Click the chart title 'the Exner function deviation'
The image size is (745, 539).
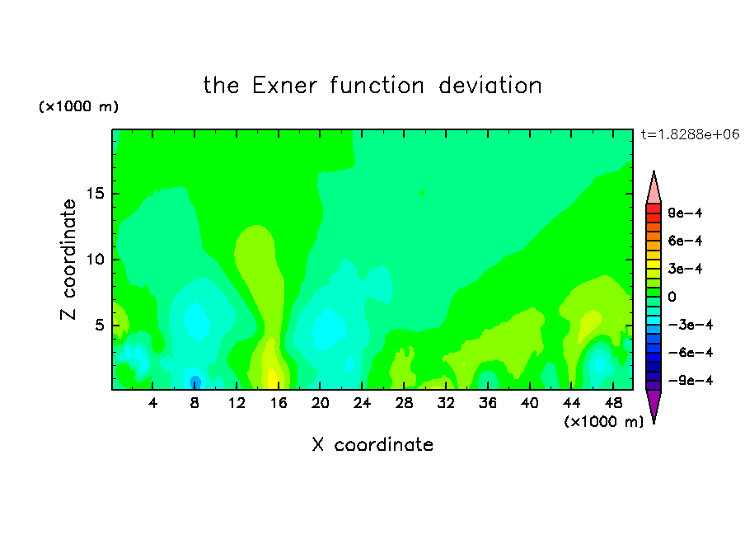pyautogui.click(x=372, y=86)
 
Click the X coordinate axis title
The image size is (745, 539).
pyautogui.click(x=372, y=444)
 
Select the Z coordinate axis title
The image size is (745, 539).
pyautogui.click(x=68, y=260)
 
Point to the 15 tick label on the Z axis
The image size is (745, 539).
pyautogui.click(x=95, y=194)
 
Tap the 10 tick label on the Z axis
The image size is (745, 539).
pyautogui.click(x=95, y=259)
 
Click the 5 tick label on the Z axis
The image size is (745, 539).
pyautogui.click(x=99, y=325)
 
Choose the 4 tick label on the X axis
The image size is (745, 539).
pyautogui.click(x=152, y=403)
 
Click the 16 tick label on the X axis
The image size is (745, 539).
pyautogui.click(x=278, y=403)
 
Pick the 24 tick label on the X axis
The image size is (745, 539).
pyautogui.click(x=362, y=403)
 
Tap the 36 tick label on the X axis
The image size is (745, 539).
pyautogui.click(x=488, y=403)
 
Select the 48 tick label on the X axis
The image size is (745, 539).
pyautogui.click(x=613, y=403)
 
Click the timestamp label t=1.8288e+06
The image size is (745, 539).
pyautogui.click(x=691, y=134)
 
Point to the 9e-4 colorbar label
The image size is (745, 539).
pyautogui.click(x=685, y=213)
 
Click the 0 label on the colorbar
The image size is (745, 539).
pyautogui.click(x=672, y=297)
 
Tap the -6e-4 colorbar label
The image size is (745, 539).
pyautogui.click(x=691, y=352)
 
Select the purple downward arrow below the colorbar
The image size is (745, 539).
pyautogui.click(x=654, y=405)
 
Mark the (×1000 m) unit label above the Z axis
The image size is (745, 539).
pyautogui.click(x=78, y=106)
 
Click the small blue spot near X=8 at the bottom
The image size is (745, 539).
pyautogui.click(x=195, y=382)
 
